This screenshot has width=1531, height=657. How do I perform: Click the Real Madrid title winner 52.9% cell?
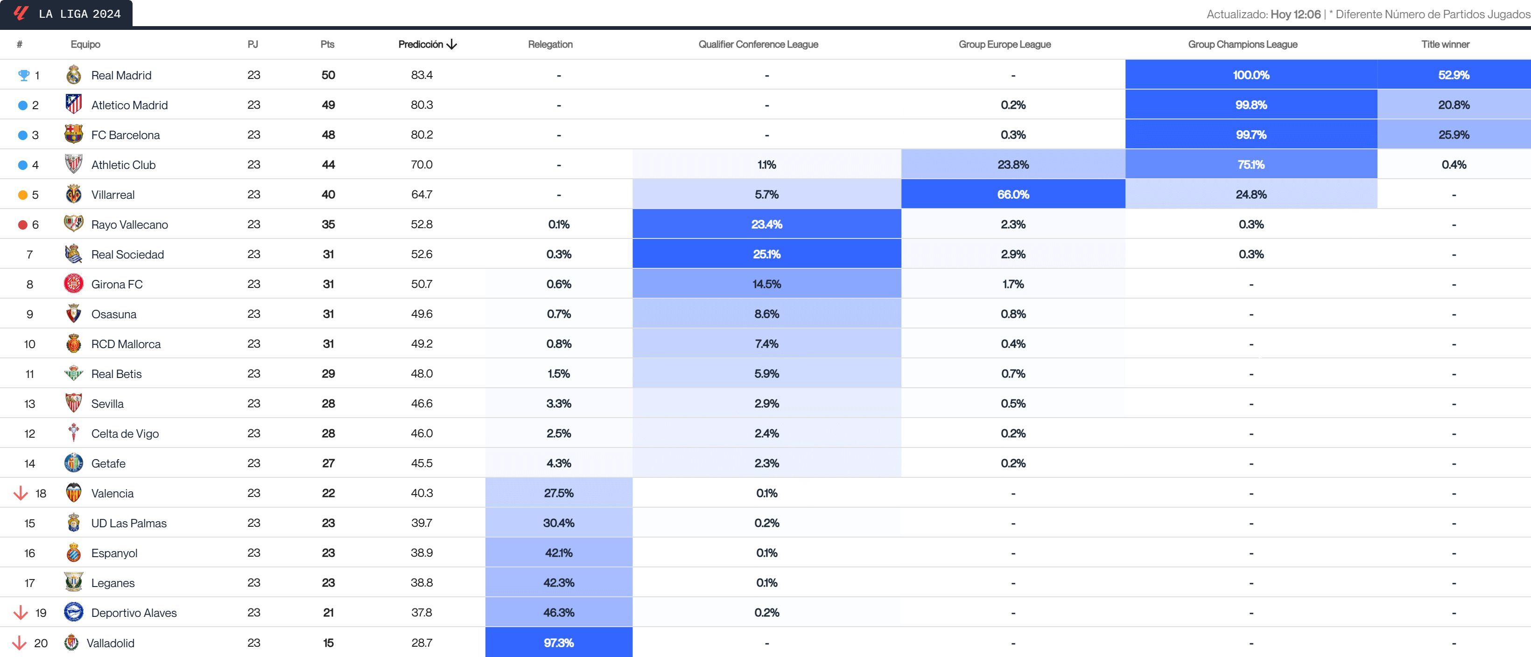pyautogui.click(x=1453, y=75)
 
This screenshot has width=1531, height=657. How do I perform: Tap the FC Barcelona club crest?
pyautogui.click(x=74, y=134)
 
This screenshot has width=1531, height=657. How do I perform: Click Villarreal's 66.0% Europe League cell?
pyautogui.click(x=1013, y=194)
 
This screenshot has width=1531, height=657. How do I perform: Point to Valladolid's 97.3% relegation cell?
pyautogui.click(x=559, y=643)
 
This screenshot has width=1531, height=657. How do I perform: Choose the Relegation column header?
pyautogui.click(x=550, y=44)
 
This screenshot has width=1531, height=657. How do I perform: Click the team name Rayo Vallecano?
pyautogui.click(x=130, y=224)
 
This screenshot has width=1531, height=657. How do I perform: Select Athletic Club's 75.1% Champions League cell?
pyautogui.click(x=1250, y=165)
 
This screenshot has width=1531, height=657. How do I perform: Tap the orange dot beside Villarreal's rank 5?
pyautogui.click(x=22, y=195)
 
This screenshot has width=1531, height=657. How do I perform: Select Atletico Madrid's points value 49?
pyautogui.click(x=328, y=105)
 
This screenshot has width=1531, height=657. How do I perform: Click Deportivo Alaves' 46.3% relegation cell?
pyautogui.click(x=559, y=613)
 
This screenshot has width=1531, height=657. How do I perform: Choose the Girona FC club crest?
pyautogui.click(x=74, y=284)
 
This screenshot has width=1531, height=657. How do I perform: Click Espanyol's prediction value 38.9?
pyautogui.click(x=421, y=552)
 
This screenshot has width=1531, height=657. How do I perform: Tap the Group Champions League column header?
pyautogui.click(x=1242, y=44)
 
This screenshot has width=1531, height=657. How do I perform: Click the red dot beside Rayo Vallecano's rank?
pyautogui.click(x=22, y=224)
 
